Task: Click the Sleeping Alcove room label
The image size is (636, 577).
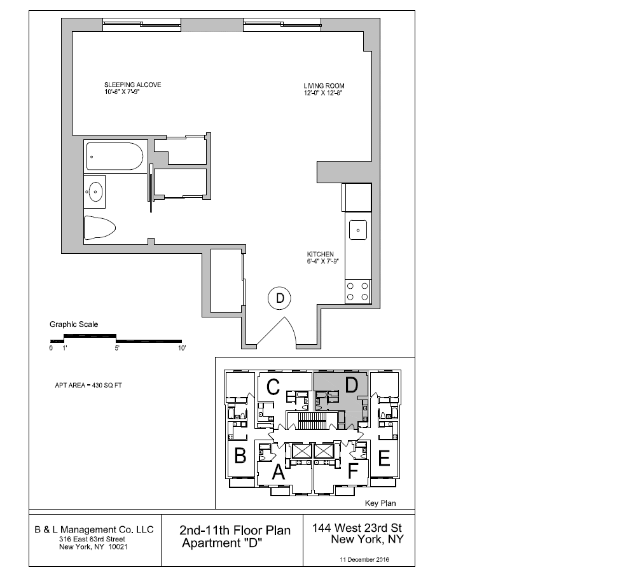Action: [132, 85]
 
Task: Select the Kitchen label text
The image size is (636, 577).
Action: [320, 254]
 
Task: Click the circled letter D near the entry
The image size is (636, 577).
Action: [279, 298]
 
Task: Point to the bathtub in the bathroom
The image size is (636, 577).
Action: [115, 156]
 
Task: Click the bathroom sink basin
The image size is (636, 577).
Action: [97, 191]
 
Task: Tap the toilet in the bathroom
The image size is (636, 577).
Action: [100, 226]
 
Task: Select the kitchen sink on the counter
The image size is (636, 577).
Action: [358, 229]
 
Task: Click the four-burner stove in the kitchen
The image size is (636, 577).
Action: [358, 291]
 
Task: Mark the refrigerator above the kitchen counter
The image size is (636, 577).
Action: [357, 197]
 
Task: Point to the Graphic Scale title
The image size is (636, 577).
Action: [74, 324]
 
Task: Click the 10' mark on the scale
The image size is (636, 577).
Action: [181, 349]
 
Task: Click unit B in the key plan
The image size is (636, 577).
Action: [240, 456]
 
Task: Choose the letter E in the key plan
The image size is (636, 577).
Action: [384, 458]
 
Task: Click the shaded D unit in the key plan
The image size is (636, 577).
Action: [351, 385]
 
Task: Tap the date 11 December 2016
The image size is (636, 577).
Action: [364, 559]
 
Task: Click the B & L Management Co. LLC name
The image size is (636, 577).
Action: [93, 529]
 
